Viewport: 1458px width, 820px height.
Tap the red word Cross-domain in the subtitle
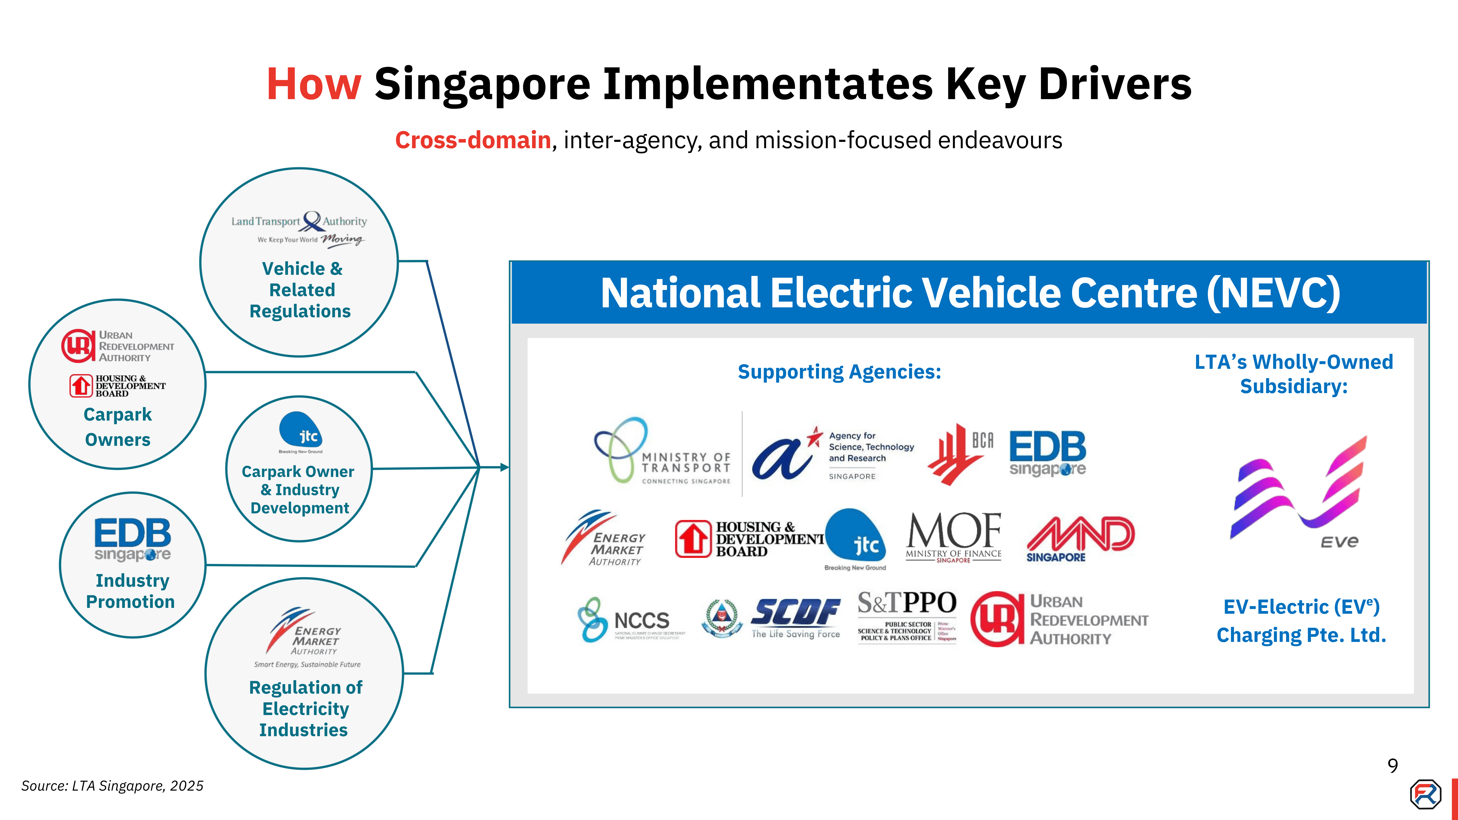pyautogui.click(x=473, y=140)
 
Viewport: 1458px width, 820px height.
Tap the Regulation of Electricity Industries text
pyautogui.click(x=305, y=708)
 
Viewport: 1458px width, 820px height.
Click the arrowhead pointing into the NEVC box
pyautogui.click(x=504, y=467)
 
